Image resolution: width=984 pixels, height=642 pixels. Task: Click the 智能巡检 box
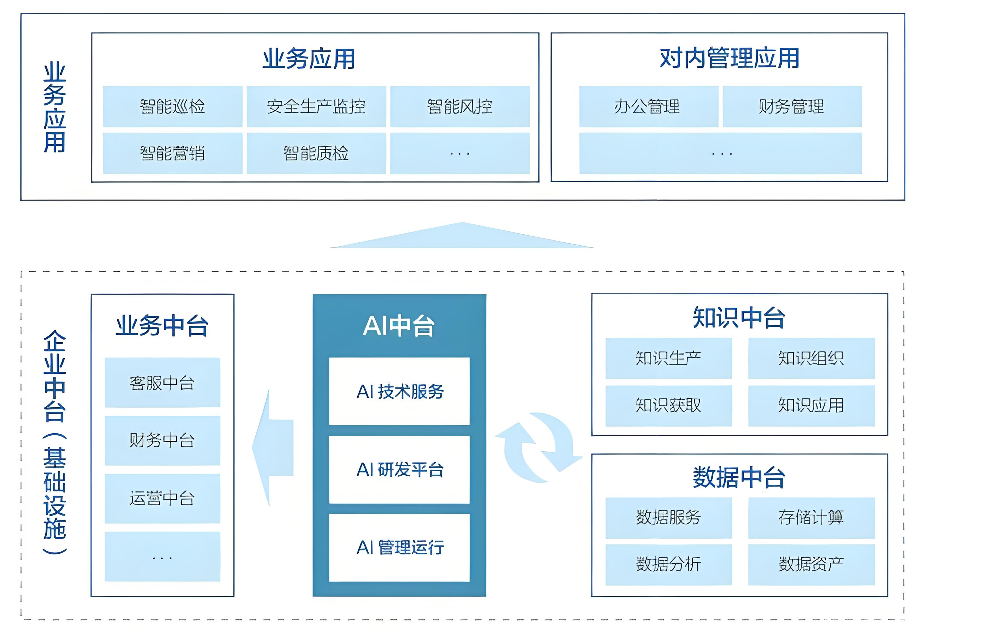coord(173,106)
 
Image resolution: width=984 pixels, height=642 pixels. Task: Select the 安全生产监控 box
coord(316,106)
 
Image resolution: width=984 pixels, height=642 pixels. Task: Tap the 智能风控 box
coord(460,106)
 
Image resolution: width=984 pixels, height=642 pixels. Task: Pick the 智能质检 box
coord(316,153)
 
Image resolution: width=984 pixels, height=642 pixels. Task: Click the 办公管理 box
coord(648,106)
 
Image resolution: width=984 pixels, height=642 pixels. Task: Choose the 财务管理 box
coord(792,106)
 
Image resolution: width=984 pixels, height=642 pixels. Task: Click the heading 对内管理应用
coord(729,58)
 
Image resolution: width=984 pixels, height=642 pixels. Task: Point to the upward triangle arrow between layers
coord(462,237)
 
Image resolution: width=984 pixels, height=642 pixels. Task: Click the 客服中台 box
coord(162,382)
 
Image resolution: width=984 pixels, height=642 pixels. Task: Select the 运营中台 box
coord(162,498)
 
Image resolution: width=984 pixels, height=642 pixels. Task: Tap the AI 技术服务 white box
coord(399,391)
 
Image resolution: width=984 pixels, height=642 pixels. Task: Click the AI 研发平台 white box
coord(399,469)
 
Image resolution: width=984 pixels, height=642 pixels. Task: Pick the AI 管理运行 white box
coord(399,547)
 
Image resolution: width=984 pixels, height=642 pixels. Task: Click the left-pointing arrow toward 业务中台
coord(273,447)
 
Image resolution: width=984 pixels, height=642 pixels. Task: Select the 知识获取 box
coord(668,405)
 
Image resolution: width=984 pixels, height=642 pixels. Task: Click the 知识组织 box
coord(811,358)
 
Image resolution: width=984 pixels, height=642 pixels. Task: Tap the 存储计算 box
coord(811,517)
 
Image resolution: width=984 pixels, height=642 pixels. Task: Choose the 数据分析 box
coord(668,564)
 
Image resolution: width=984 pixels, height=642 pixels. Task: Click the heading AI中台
coord(399,326)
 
